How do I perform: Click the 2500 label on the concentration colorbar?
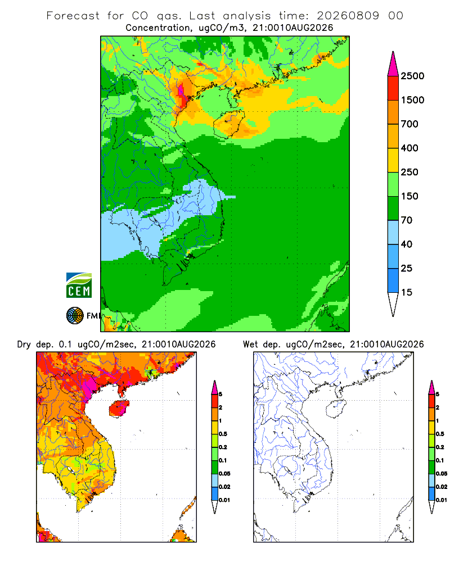[412, 76]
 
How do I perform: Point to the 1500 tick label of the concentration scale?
[412, 100]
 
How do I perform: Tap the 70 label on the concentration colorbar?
[407, 220]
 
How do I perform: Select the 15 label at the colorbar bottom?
[407, 292]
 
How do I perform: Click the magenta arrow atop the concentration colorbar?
[393, 64]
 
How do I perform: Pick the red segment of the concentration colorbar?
[393, 88]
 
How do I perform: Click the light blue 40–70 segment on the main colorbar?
[393, 232]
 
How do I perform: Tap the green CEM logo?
[79, 285]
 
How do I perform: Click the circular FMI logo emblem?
[75, 316]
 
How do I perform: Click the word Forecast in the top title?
[73, 16]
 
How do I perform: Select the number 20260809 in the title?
[348, 16]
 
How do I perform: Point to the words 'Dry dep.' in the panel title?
[35, 345]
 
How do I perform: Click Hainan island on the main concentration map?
[229, 124]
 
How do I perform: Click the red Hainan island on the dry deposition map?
[119, 409]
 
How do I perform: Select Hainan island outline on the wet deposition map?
[336, 409]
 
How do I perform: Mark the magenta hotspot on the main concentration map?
[181, 90]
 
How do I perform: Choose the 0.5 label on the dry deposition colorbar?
[223, 434]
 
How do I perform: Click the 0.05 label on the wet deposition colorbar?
[442, 473]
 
